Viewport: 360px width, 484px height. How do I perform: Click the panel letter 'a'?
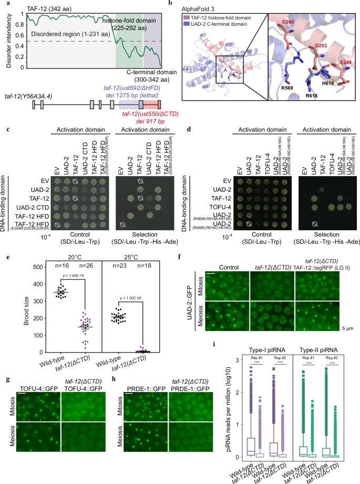pyautogui.click(x=3, y=4)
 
